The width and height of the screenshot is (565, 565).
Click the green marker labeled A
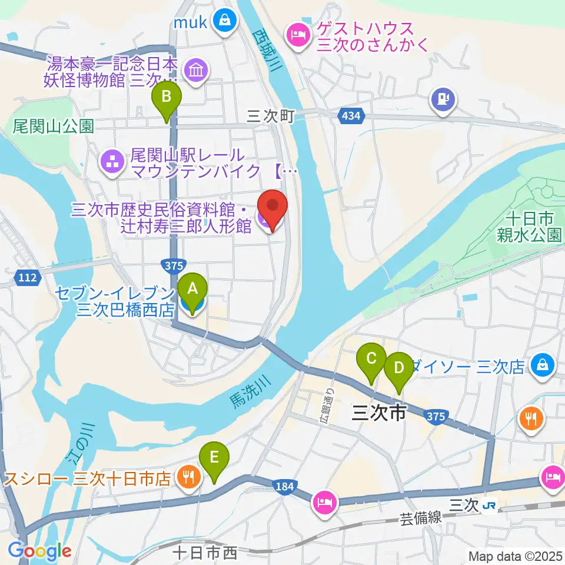(x=192, y=288)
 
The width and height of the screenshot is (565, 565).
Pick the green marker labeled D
(x=399, y=367)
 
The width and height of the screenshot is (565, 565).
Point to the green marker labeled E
(x=214, y=456)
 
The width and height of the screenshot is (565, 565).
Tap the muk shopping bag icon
(x=225, y=22)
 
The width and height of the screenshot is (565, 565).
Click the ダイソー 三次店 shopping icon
(x=541, y=365)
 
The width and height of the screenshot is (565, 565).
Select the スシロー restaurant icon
(x=188, y=477)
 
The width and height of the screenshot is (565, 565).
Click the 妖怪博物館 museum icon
(x=194, y=71)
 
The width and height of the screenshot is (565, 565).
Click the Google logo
(x=40, y=551)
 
